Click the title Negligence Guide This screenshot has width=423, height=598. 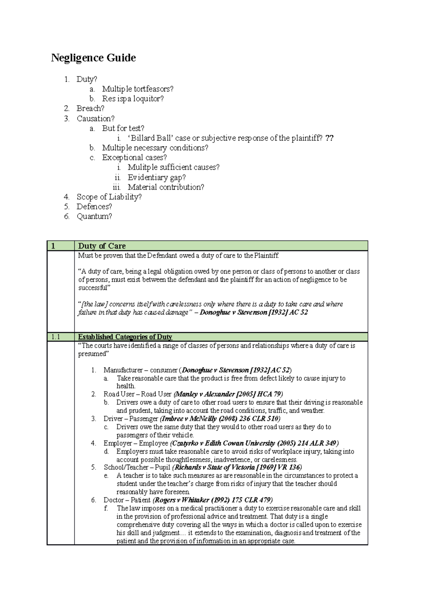coord(93,58)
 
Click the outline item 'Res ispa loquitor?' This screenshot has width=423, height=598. coord(133,99)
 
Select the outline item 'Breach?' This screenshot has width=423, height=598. coord(90,108)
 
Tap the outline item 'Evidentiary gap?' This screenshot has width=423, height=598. coord(157,177)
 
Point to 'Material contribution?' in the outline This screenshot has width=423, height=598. coord(166,187)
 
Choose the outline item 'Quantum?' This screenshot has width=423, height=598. coord(94,216)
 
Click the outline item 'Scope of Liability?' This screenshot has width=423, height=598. coord(109,197)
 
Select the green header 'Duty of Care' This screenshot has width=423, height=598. coord(102,246)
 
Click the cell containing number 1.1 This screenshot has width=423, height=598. coord(56,337)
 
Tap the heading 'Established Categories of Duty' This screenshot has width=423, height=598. coord(125,337)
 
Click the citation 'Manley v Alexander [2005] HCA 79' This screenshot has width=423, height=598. coord(229,394)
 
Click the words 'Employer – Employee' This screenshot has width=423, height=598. coord(136,443)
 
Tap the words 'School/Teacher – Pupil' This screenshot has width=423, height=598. coord(137,467)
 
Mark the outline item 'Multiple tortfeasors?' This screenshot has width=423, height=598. coord(137,89)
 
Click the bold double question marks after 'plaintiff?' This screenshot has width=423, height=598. coord(329,138)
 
